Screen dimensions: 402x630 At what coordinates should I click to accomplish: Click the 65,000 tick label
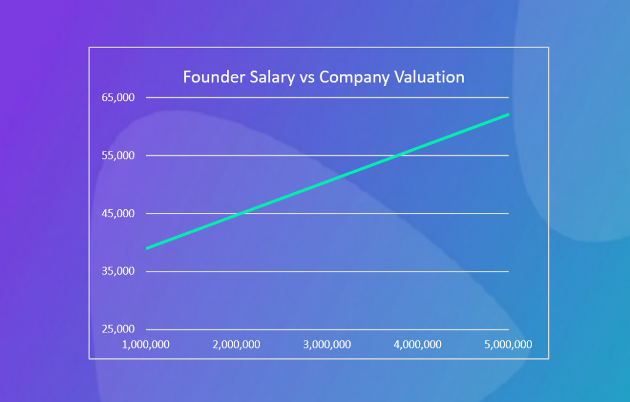click(x=118, y=97)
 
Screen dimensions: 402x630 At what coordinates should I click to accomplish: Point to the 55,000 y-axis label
click(x=118, y=155)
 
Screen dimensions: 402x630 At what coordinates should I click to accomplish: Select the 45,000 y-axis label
click(x=118, y=214)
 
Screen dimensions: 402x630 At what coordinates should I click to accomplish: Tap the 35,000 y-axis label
click(x=118, y=271)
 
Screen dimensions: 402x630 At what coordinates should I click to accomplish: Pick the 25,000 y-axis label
click(x=118, y=329)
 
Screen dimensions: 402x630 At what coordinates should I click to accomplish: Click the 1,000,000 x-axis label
click(x=146, y=344)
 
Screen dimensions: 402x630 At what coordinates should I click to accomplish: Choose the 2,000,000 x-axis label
click(x=237, y=344)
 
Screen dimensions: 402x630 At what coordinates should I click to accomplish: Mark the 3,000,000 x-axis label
click(x=327, y=344)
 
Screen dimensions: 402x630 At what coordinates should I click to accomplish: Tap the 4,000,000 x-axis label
click(x=418, y=344)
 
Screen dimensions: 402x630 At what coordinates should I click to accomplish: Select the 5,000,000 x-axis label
click(x=508, y=344)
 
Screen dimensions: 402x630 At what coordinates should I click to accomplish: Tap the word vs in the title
click(x=307, y=78)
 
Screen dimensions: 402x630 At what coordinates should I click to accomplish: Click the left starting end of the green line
click(x=146, y=248)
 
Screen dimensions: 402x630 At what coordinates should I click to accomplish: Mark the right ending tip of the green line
click(x=508, y=115)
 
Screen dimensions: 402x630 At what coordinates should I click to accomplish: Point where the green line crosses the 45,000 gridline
click(x=241, y=214)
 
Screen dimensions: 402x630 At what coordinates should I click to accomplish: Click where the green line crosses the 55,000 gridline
click(x=398, y=155)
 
